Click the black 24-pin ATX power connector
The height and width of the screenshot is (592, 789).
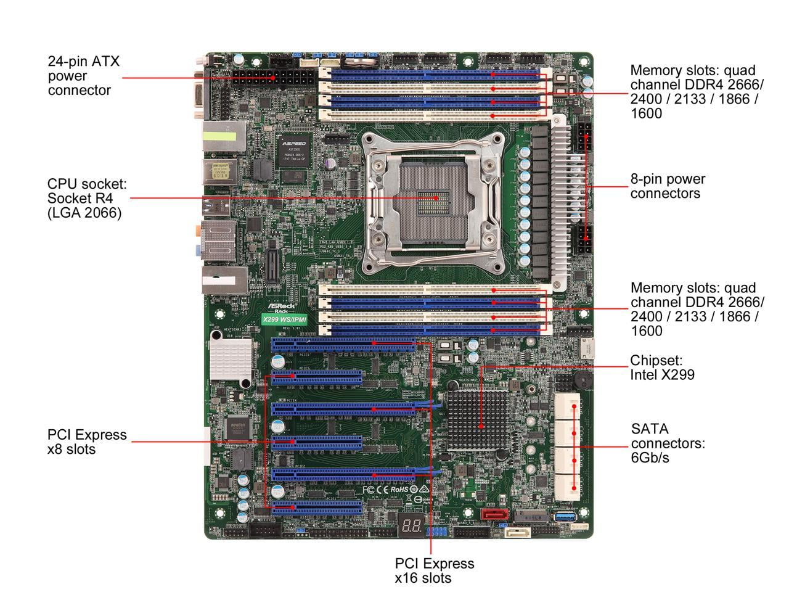[274, 78]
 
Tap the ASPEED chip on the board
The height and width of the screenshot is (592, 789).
[293, 149]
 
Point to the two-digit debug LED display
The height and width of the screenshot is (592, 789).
[411, 526]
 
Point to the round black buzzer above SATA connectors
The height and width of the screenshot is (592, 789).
[582, 377]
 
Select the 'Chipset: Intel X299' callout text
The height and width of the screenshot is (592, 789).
[662, 367]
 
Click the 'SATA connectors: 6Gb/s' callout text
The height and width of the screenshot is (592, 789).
[668, 443]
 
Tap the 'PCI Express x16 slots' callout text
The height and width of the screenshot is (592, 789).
[435, 570]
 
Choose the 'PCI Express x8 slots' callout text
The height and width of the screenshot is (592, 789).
[87, 442]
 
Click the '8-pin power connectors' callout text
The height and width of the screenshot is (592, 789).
[668, 186]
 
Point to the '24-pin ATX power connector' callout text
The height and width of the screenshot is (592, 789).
[84, 76]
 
